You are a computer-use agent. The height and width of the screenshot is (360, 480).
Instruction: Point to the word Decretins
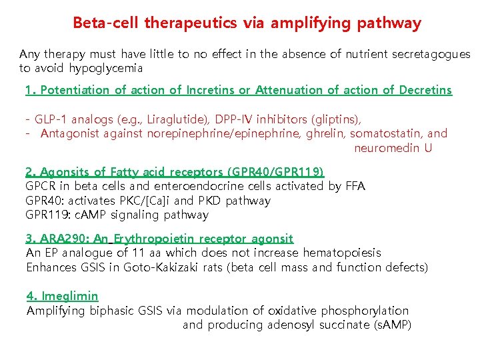[x=425, y=90]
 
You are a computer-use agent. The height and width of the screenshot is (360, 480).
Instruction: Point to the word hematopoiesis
[x=342, y=253]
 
